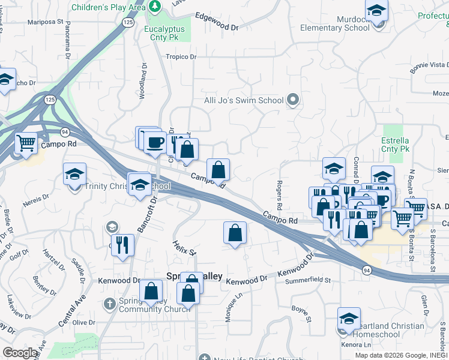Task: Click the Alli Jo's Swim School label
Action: point(244,100)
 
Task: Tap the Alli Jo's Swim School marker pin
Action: point(293,100)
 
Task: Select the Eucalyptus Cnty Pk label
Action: point(167,31)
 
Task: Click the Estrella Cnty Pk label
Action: point(395,144)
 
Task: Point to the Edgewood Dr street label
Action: point(217,27)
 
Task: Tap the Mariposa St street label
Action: point(46,22)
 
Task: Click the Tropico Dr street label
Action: point(181,56)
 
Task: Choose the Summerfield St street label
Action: point(309,280)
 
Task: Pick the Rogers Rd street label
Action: point(280,190)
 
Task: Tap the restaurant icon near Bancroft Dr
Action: point(123,245)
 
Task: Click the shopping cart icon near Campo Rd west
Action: point(26,143)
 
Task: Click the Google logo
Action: point(20,353)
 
